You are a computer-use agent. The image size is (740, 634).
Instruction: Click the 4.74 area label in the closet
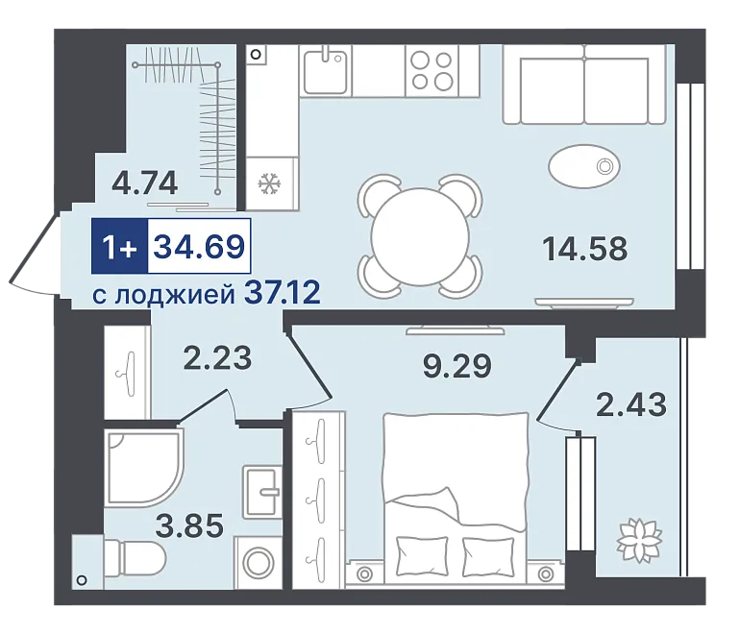coord(145,183)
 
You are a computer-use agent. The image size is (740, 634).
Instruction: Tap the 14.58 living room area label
coord(585,249)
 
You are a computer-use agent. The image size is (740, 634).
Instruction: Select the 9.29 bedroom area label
coord(456,366)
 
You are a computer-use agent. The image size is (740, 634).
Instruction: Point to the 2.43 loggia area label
coord(631,404)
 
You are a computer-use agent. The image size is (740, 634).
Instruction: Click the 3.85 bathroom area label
coord(189,526)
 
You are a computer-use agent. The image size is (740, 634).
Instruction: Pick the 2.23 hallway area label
coord(217,358)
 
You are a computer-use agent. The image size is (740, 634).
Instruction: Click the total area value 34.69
coord(199,246)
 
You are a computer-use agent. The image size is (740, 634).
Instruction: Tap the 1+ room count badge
coord(119,246)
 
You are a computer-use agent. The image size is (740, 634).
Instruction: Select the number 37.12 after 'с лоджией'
coord(283,292)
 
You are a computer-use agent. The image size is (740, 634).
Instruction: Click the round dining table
coord(420,236)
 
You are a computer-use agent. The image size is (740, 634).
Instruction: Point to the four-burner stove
coord(432,71)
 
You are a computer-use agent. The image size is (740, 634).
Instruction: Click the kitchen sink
coord(326,71)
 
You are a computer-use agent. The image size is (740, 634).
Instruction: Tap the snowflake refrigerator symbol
coord(270,183)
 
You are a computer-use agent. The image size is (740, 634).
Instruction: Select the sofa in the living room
coord(584,85)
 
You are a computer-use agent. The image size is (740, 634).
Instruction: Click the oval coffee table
coord(584,165)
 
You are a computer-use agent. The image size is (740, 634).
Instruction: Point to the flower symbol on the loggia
coord(639,541)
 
